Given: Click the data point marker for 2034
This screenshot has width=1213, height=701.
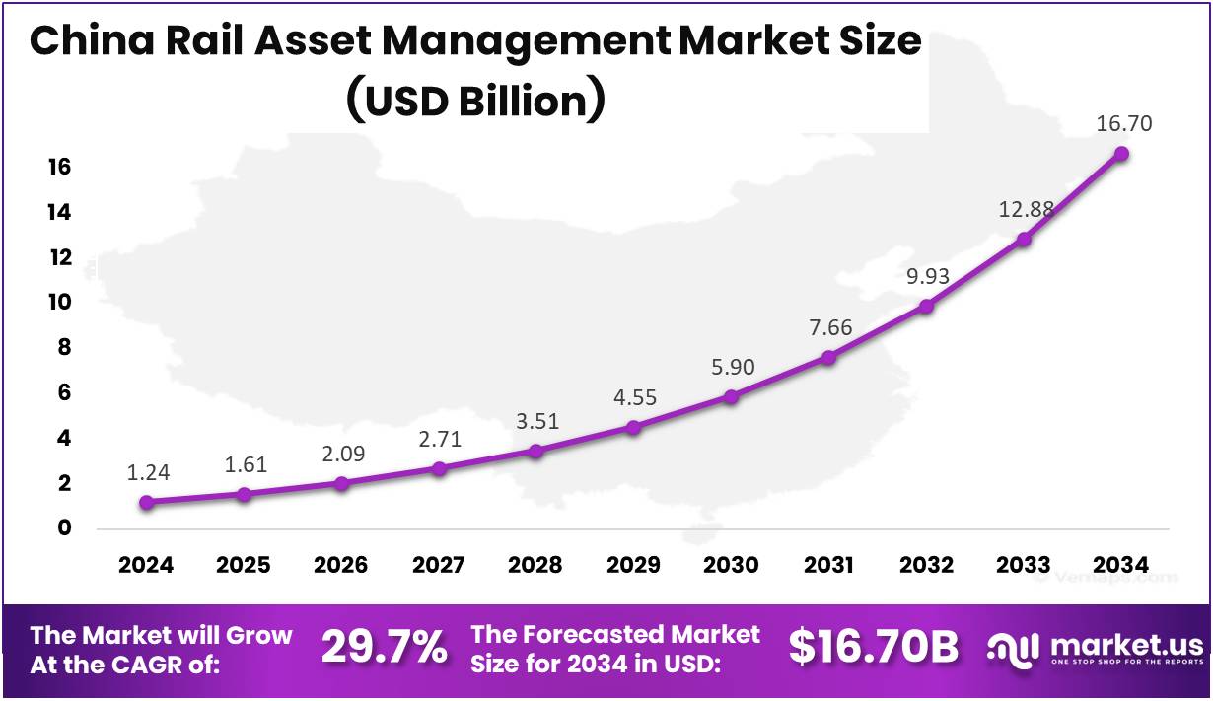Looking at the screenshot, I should coord(1121,154).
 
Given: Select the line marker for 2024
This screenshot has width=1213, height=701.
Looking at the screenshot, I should coord(146,502).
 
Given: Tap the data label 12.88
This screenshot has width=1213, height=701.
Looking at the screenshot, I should coord(1026,209).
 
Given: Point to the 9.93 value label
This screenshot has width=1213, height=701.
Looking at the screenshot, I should coord(928,276).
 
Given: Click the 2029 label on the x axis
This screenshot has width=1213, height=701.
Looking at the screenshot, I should coord(633,566).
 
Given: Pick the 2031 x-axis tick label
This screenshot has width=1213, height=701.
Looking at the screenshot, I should coord(828,566).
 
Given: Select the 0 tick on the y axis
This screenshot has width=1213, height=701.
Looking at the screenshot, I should coord(65,528).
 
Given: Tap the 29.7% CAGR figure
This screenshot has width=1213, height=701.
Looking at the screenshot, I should coord(384,648).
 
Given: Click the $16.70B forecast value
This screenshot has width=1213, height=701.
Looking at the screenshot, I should coord(874,647).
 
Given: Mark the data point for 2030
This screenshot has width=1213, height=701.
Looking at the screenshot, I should coord(731,396).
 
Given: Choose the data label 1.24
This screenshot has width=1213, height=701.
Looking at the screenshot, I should coord(148,473).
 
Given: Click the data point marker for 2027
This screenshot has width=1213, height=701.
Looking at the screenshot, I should coord(439,468).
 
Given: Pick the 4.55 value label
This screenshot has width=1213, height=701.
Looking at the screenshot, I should coord(635,398).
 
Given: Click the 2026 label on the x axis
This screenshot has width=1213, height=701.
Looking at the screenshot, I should coord(341,566).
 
